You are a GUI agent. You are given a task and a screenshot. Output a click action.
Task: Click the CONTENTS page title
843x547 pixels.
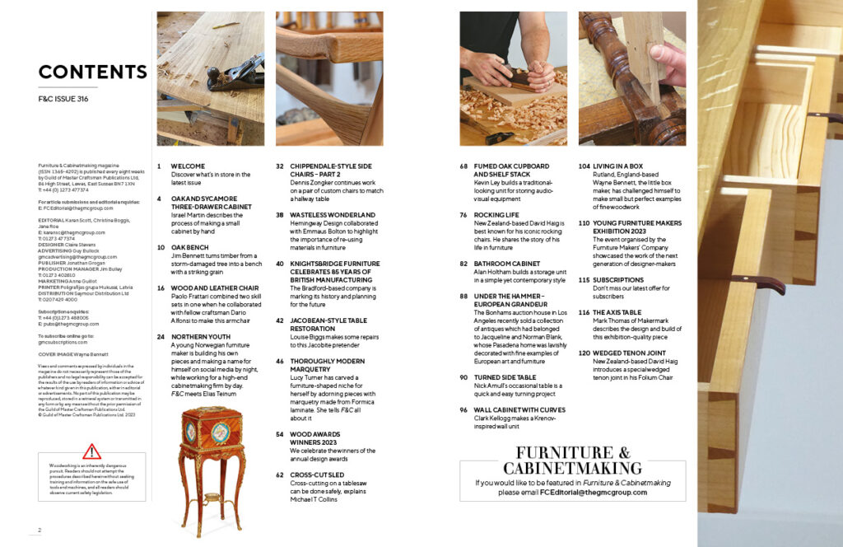point(92,72)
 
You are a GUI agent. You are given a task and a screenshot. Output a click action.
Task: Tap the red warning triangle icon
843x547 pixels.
point(92,451)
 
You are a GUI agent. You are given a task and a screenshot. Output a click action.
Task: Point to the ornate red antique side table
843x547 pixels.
point(212,465)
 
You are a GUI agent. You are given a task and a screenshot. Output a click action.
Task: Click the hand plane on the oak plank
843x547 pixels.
point(235,75)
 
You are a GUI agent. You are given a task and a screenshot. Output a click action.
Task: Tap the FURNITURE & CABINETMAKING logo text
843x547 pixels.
point(573,461)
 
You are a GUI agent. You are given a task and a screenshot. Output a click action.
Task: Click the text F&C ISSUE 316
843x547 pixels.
point(63,99)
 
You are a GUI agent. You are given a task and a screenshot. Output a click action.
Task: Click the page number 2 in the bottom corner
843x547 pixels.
point(39,530)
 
